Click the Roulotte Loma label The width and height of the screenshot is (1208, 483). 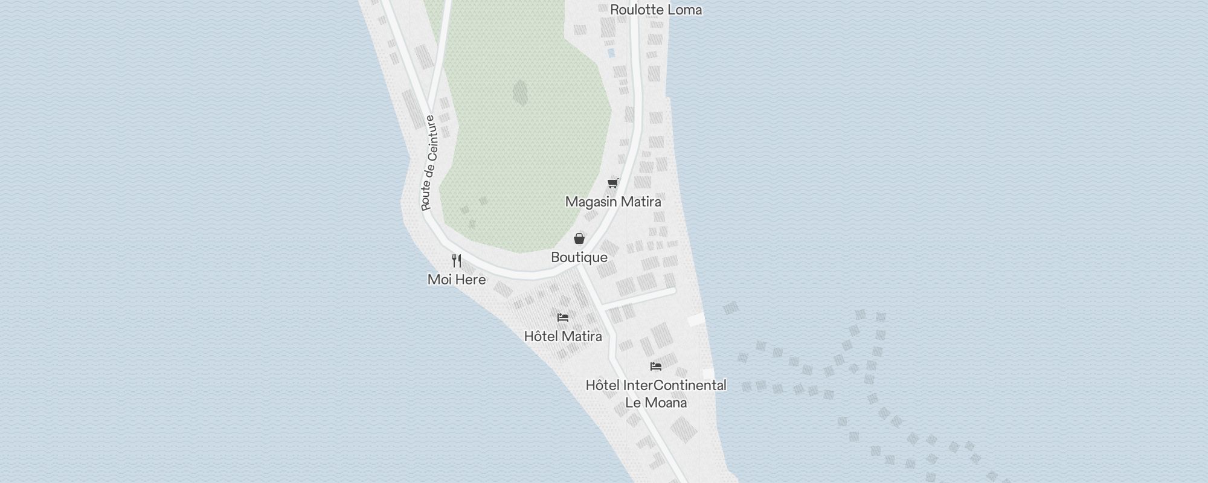656,10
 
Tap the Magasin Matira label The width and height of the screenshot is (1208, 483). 613,202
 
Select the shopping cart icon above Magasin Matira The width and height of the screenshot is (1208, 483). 613,183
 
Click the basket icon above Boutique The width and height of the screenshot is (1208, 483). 579,238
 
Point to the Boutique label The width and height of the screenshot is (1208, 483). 579,257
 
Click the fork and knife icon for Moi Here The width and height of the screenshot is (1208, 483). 457,261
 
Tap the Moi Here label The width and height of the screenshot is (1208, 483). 457,280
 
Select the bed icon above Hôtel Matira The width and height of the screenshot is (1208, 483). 563,318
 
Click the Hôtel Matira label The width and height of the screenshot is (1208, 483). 563,336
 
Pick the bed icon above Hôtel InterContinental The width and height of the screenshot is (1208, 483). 656,366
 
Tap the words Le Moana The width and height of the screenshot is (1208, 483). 656,403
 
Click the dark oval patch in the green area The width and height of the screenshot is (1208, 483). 520,93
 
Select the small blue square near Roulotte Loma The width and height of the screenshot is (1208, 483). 611,53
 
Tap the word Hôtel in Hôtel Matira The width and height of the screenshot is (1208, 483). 539,336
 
